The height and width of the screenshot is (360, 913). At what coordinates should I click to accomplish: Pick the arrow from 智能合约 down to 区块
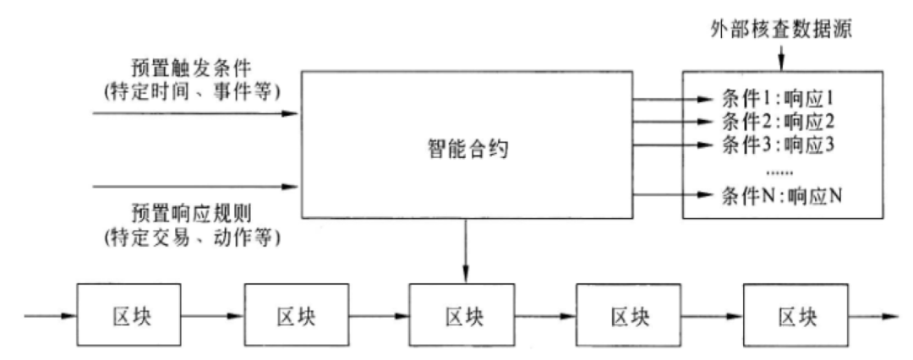467,248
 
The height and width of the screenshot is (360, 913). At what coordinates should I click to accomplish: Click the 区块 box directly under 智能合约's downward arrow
463,317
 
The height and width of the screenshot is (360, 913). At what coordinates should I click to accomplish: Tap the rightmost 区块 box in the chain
797,317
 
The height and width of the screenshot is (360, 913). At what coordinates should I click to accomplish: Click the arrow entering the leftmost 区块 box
52,317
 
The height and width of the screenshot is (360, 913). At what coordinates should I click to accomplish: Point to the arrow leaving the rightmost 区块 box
876,317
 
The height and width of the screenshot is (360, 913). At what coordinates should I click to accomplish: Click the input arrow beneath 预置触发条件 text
194,112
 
